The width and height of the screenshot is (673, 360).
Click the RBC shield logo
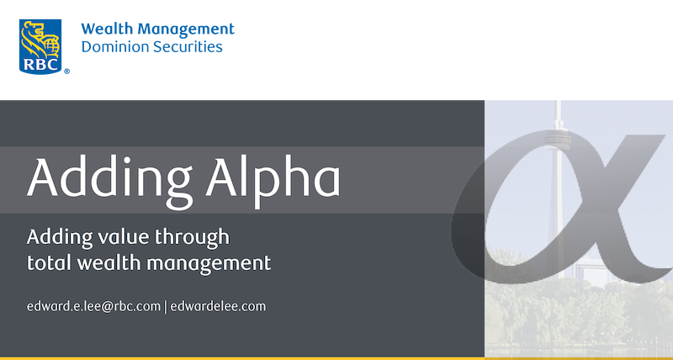tap(40, 46)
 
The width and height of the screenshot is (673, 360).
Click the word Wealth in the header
tap(109, 29)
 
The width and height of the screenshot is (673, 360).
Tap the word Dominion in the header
tap(114, 46)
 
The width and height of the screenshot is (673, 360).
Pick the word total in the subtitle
tap(49, 262)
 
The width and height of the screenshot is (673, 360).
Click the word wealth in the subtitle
tap(109, 262)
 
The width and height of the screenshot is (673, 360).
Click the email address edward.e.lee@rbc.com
tap(93, 307)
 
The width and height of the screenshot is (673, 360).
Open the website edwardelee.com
tap(218, 307)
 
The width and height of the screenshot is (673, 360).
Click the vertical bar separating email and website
tap(166, 307)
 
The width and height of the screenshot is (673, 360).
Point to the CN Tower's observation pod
tap(558, 140)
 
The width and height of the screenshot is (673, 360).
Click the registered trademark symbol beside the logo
tap(66, 71)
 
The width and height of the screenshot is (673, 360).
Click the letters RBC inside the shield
tap(40, 64)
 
